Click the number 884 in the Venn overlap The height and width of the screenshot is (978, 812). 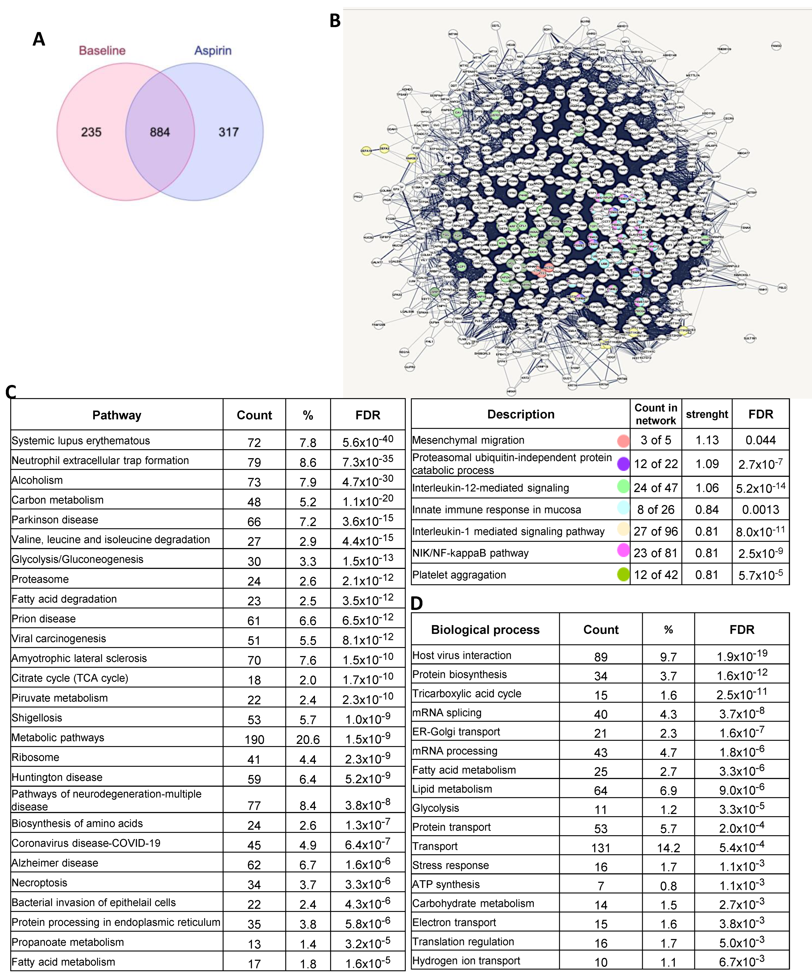click(160, 132)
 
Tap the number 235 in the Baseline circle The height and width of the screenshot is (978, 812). click(91, 132)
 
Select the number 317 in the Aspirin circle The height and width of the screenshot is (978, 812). click(229, 132)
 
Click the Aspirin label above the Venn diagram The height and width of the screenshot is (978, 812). click(213, 50)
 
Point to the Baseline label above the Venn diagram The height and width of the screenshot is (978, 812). click(102, 50)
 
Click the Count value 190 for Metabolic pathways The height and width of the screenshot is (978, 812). click(254, 740)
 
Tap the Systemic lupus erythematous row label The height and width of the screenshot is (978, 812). click(81, 440)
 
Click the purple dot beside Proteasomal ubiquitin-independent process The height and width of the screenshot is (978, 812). click(623, 464)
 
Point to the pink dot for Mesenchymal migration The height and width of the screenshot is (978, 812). click(623, 440)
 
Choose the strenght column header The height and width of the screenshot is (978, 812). click(707, 414)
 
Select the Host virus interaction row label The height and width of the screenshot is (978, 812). click(462, 655)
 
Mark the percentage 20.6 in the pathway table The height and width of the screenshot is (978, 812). click(308, 740)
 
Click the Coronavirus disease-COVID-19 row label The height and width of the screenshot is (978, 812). click(86, 843)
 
